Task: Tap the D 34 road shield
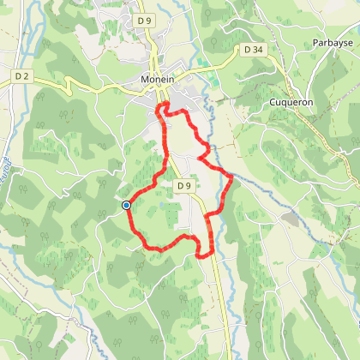point(253,50)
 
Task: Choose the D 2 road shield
point(22,76)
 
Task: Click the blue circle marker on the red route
point(126,205)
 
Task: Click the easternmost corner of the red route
point(233,176)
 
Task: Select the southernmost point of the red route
point(202,255)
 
